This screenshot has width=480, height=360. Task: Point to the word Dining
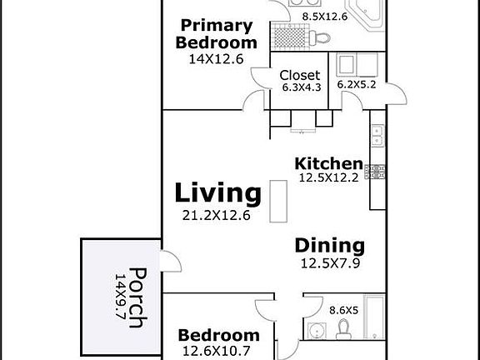pos(329,246)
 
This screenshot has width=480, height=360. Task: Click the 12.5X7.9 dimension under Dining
pos(330,264)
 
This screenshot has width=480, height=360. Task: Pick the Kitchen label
pos(329,163)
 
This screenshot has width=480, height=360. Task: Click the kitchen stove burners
pos(377,172)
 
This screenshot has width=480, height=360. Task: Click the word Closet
pos(300,75)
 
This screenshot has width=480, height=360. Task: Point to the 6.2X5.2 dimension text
pos(357,84)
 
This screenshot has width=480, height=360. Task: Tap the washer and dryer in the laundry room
pos(358,65)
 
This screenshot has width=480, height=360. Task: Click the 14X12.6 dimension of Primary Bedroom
pos(217,59)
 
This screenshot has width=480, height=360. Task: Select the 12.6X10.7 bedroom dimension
pos(217,352)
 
